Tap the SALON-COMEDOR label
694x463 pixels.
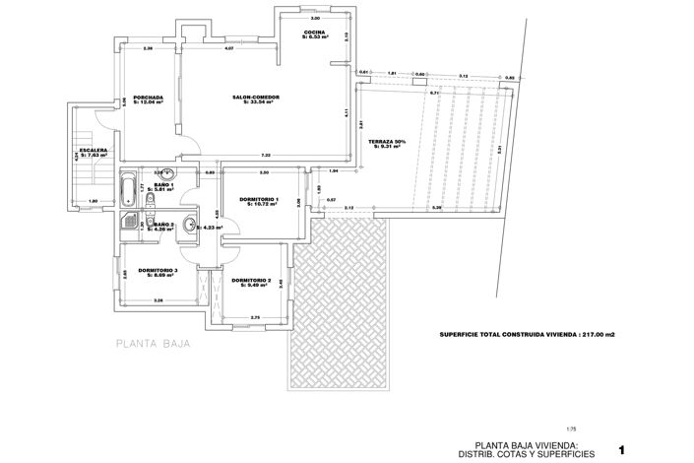pyautogui.click(x=256, y=98)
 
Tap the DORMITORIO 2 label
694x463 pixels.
pyautogui.click(x=252, y=280)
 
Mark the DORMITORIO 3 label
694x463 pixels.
pyautogui.click(x=158, y=269)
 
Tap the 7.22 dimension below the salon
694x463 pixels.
pyautogui.click(x=266, y=156)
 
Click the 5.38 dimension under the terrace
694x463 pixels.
pyautogui.click(x=437, y=208)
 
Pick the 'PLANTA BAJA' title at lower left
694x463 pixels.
pyautogui.click(x=152, y=345)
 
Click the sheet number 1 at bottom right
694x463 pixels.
pyautogui.click(x=622, y=449)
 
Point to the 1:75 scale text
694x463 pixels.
pyautogui.click(x=572, y=429)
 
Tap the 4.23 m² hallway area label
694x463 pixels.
pyautogui.click(x=210, y=228)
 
